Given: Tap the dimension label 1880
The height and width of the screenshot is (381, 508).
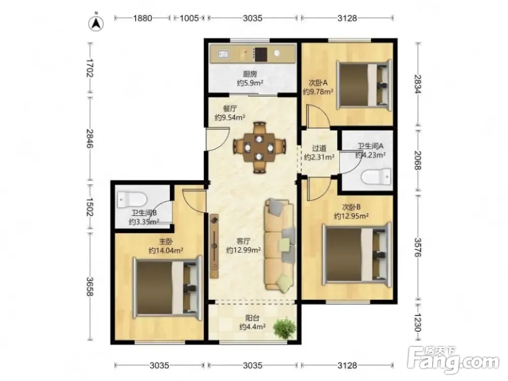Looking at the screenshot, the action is [143, 18].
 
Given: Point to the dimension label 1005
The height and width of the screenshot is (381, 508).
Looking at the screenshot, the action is [189, 18].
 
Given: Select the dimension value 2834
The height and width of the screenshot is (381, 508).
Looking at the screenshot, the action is [418, 84].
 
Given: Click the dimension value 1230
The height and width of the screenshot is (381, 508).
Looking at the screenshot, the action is [418, 323].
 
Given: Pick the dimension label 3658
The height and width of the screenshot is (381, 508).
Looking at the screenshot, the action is [90, 287].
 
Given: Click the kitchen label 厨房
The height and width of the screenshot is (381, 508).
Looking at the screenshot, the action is [250, 74].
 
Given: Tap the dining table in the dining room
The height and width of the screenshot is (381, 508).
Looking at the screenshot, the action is [259, 147].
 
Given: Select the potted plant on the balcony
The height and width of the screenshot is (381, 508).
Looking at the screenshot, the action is [284, 328].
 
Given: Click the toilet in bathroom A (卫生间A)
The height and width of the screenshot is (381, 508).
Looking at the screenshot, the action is [376, 177].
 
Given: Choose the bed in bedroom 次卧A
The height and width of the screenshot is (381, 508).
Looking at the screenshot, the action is [364, 84].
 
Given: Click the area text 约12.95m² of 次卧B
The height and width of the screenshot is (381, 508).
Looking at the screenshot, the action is [351, 216].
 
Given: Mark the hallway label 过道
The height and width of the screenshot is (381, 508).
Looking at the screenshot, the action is [319, 148].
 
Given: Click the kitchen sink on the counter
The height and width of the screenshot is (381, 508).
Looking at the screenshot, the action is [223, 53].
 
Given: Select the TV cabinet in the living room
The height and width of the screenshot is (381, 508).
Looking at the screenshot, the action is [214, 246].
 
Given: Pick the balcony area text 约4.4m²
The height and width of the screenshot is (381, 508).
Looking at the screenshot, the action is [252, 327].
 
